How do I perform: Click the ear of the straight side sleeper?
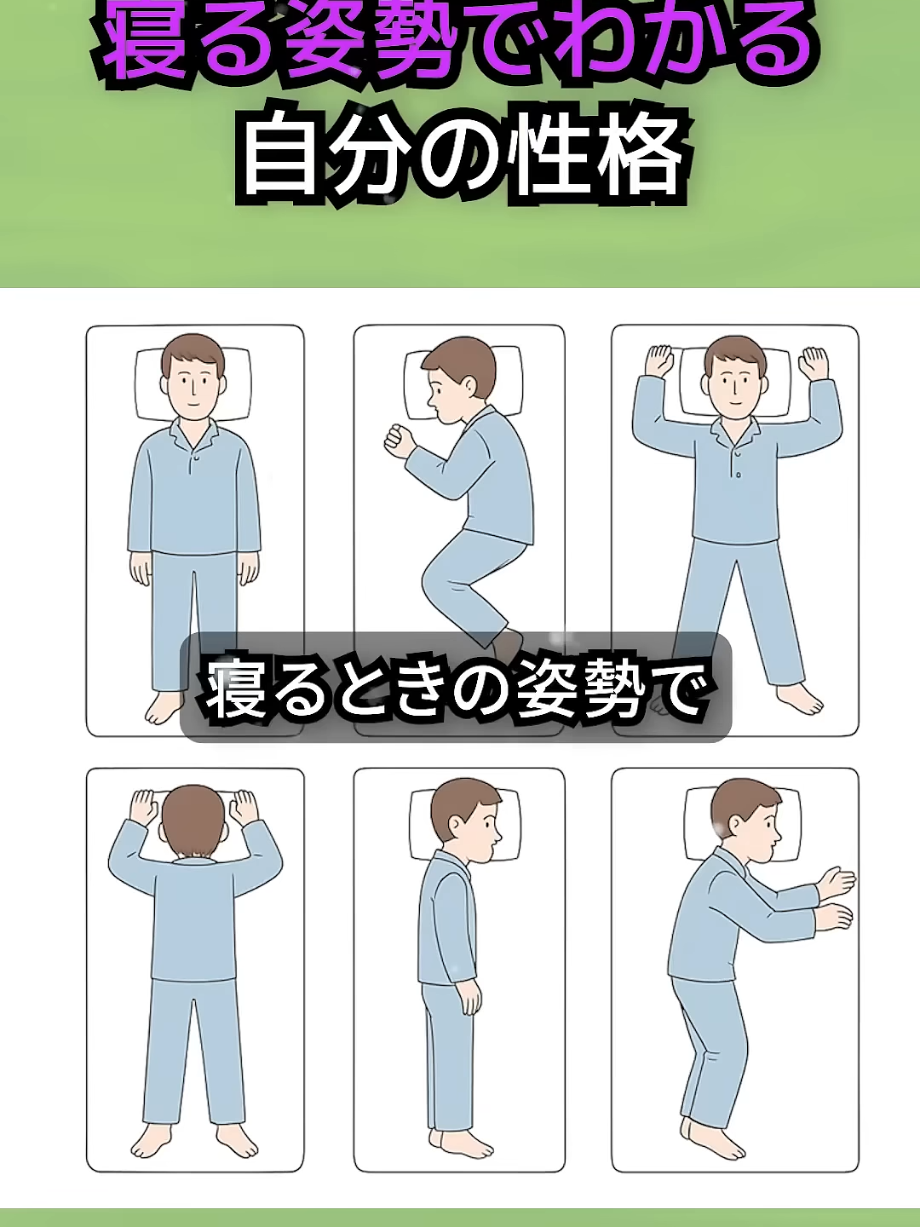[x=456, y=824]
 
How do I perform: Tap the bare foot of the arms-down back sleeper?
[x=164, y=709]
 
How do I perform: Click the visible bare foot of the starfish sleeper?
[x=799, y=699]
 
